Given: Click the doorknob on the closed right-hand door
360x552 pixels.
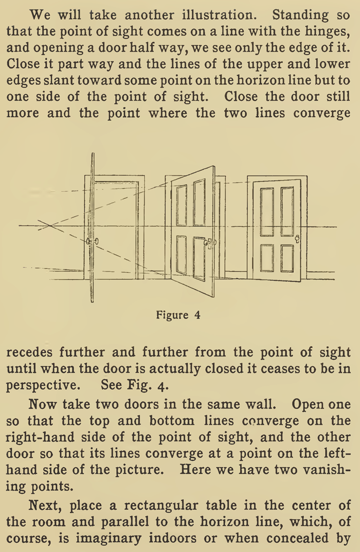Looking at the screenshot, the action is pyautogui.click(x=297, y=238).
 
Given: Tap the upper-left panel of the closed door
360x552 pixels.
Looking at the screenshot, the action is pyautogui.click(x=267, y=211).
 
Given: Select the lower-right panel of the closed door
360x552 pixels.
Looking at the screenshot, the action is pyautogui.click(x=287, y=258).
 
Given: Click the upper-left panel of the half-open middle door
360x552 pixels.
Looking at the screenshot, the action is pyautogui.click(x=182, y=205).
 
